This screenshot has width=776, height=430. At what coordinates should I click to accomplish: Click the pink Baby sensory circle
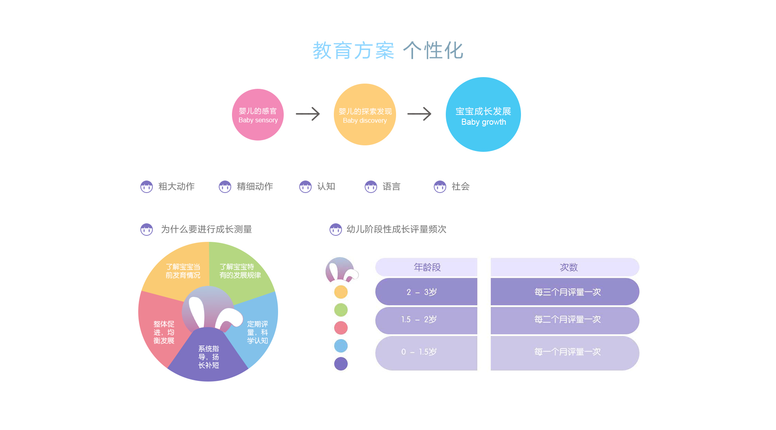pyautogui.click(x=258, y=115)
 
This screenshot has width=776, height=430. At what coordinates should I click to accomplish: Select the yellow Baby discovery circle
pyautogui.click(x=365, y=115)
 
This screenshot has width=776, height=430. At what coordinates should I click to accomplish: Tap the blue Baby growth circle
pyautogui.click(x=483, y=115)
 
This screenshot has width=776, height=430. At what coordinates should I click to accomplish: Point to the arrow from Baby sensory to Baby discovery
pyautogui.click(x=308, y=114)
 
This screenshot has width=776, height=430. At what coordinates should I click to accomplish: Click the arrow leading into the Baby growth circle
pyautogui.click(x=420, y=114)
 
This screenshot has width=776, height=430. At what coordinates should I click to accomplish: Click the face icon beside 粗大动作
pyautogui.click(x=146, y=187)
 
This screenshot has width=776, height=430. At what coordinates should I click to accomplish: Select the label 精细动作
pyautogui.click(x=255, y=187)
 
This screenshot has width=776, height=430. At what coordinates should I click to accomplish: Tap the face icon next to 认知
pyautogui.click(x=305, y=187)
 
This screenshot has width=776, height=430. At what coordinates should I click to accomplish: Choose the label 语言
pyautogui.click(x=391, y=187)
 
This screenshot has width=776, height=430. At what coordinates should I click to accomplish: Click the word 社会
pyautogui.click(x=460, y=187)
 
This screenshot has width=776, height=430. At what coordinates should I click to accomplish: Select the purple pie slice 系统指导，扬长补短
pyautogui.click(x=209, y=357)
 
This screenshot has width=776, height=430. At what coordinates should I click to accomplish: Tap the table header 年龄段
pyautogui.click(x=427, y=267)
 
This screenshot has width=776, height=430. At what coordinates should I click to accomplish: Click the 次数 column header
pyautogui.click(x=568, y=267)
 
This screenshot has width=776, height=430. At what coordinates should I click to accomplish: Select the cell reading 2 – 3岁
pyautogui.click(x=426, y=292)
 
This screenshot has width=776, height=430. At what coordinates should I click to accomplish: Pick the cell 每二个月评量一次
pyautogui.click(x=567, y=320)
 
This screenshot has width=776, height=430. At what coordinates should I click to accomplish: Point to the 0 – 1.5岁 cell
pyautogui.click(x=426, y=352)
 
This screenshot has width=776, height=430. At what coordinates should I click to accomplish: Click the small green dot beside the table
pyautogui.click(x=341, y=310)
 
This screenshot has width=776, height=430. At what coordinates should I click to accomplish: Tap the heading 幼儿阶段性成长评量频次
pyautogui.click(x=396, y=229)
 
